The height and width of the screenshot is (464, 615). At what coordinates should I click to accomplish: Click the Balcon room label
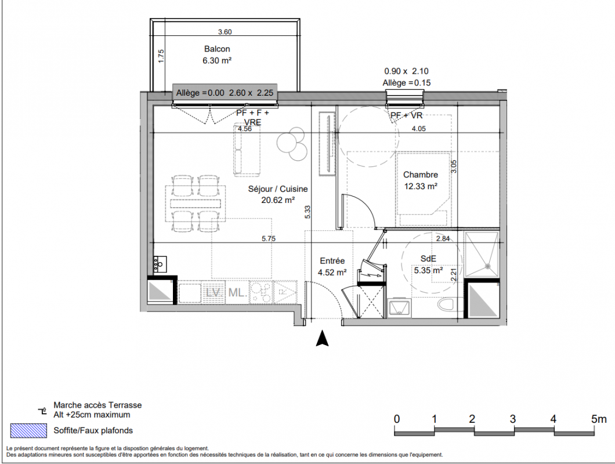pyautogui.click(x=217, y=49)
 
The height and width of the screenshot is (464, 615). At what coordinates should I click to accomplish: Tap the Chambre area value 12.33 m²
pyautogui.click(x=421, y=186)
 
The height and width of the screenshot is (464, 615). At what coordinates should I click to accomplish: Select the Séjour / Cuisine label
pyautogui.click(x=278, y=189)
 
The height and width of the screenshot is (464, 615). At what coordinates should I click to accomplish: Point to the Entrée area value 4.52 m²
pyautogui.click(x=332, y=272)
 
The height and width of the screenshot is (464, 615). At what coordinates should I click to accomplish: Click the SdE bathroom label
pyautogui.click(x=428, y=259)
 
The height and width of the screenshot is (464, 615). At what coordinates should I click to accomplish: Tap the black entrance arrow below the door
pyautogui.click(x=322, y=338)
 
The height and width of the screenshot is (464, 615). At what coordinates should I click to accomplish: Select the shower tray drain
pyautogui.click(x=488, y=266)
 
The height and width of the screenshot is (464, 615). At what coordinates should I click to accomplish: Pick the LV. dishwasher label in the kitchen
pyautogui.click(x=214, y=292)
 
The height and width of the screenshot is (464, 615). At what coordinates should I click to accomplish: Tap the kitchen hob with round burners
pyautogui.click(x=261, y=292)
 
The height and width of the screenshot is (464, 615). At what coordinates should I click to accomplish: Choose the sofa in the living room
pyautogui.click(x=247, y=148)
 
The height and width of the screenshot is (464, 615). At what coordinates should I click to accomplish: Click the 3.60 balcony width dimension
pyautogui.click(x=225, y=32)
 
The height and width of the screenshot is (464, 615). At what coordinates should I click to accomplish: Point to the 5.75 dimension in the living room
pyautogui.click(x=269, y=238)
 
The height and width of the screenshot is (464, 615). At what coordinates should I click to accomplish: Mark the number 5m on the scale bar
pyautogui.click(x=599, y=419)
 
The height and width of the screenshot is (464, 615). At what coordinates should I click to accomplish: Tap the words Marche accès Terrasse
pyautogui.click(x=97, y=405)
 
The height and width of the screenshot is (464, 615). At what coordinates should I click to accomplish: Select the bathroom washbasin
pyautogui.click(x=399, y=308)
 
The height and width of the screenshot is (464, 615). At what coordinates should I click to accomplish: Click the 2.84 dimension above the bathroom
pyautogui.click(x=443, y=238)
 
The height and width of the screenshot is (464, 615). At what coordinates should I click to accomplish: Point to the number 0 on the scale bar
pyautogui.click(x=396, y=419)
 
